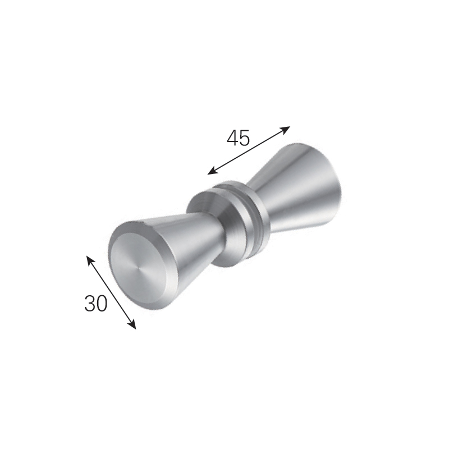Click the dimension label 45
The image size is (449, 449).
click(238, 138)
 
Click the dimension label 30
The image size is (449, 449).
click(95, 303)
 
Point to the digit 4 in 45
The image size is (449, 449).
click(232, 138)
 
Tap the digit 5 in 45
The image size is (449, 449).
click(245, 138)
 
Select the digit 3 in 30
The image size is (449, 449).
click(90, 303)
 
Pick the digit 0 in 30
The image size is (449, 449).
click(102, 303)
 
